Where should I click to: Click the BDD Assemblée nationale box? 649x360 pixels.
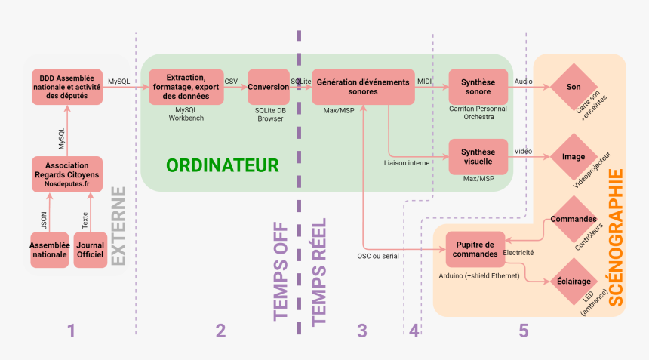66,86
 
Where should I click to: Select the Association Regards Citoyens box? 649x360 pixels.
66,174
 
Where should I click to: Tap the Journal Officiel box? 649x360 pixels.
91,250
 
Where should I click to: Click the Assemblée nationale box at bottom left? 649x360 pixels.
50,250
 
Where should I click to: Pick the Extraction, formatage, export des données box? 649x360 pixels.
186,86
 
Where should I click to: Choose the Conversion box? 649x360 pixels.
269,87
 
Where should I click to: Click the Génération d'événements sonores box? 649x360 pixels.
363,87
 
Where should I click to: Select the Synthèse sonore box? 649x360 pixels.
478,87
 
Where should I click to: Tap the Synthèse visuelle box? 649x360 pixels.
478,157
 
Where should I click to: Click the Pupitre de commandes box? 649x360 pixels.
475,248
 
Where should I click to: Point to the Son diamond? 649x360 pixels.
574,87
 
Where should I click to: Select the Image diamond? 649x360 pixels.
574,157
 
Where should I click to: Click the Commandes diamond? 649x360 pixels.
574,219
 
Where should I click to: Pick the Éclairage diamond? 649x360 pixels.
574,281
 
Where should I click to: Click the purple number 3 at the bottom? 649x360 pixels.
361,331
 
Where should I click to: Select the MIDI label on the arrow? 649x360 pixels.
425,80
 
